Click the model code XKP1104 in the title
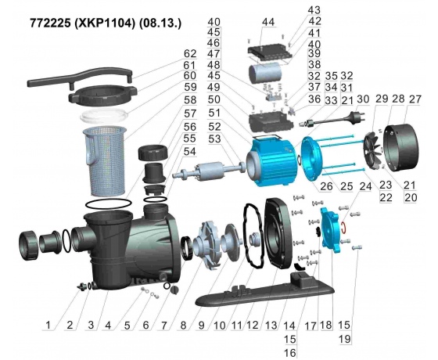coord(103,23)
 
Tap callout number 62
coord(190,53)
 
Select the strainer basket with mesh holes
coord(105,160)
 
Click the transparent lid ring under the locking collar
coord(104,116)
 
